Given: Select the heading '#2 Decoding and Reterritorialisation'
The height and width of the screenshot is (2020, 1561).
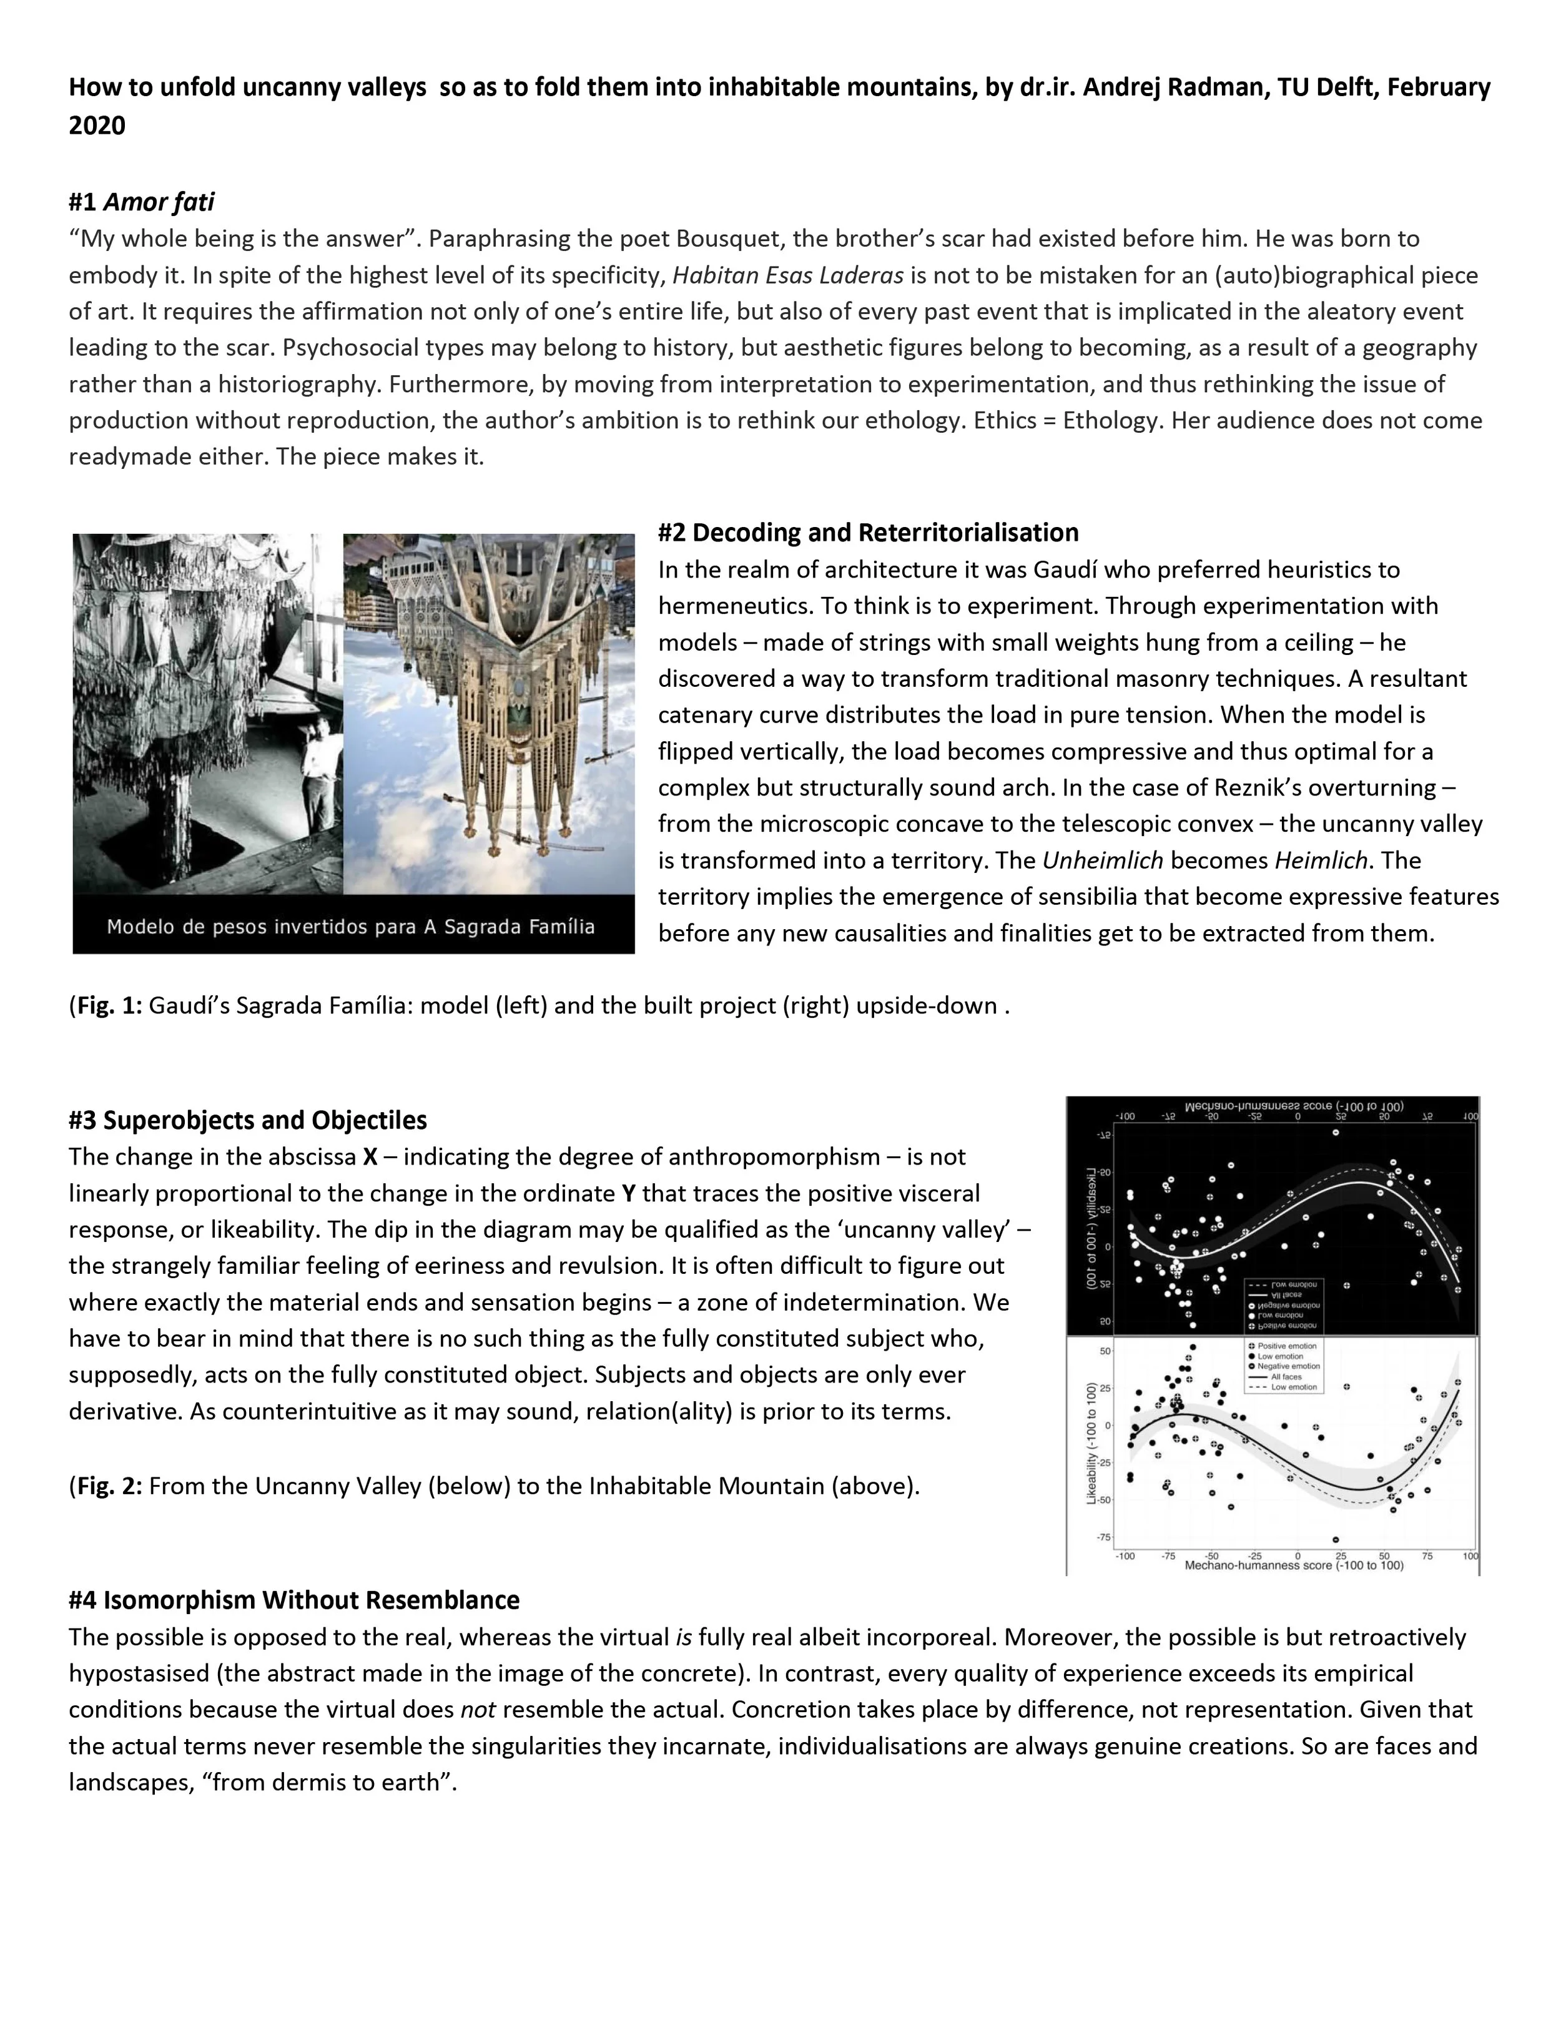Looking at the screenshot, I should [867, 533].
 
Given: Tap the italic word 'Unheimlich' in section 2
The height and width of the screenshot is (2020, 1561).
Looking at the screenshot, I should [1101, 860].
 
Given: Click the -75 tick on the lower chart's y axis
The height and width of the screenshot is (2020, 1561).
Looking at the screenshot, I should [1104, 1537].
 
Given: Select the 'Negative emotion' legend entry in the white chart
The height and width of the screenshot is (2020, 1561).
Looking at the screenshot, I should [1288, 1366].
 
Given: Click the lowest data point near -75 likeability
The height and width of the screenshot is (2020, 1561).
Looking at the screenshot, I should [1336, 1540].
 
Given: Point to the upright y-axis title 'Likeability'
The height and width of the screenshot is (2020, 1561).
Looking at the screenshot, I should [1091, 1444].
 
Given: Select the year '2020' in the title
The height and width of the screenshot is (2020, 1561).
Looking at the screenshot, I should [97, 126].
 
